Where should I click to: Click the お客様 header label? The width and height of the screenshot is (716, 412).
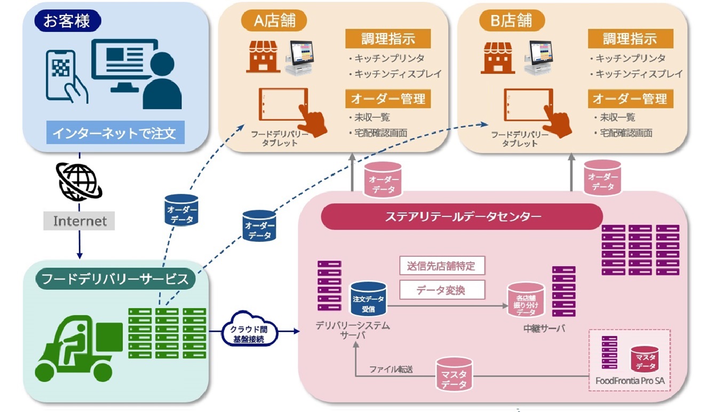click(67, 22)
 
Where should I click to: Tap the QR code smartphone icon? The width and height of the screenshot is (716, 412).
click(66, 75)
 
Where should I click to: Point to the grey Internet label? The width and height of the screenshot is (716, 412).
click(79, 221)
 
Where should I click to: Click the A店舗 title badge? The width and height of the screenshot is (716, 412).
click(274, 21)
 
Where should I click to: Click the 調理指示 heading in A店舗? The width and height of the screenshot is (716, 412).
click(387, 38)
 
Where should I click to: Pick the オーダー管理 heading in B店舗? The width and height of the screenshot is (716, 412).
click(630, 99)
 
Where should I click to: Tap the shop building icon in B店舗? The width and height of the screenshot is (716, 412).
click(498, 58)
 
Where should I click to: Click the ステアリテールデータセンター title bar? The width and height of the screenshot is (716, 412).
click(462, 216)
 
